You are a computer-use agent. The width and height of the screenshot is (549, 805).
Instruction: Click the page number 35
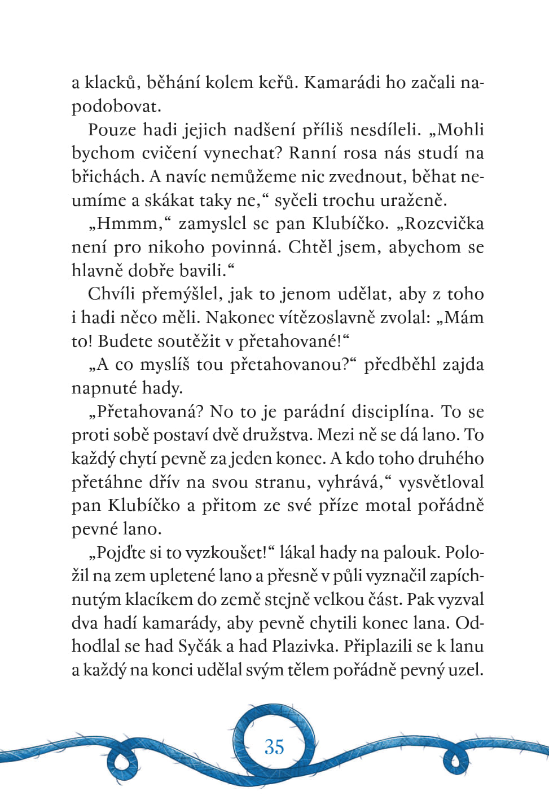coord(274,746)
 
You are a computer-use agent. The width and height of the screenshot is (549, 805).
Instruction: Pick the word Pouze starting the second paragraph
coord(112,130)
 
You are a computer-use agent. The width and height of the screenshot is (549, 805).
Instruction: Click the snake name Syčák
coord(200,646)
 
